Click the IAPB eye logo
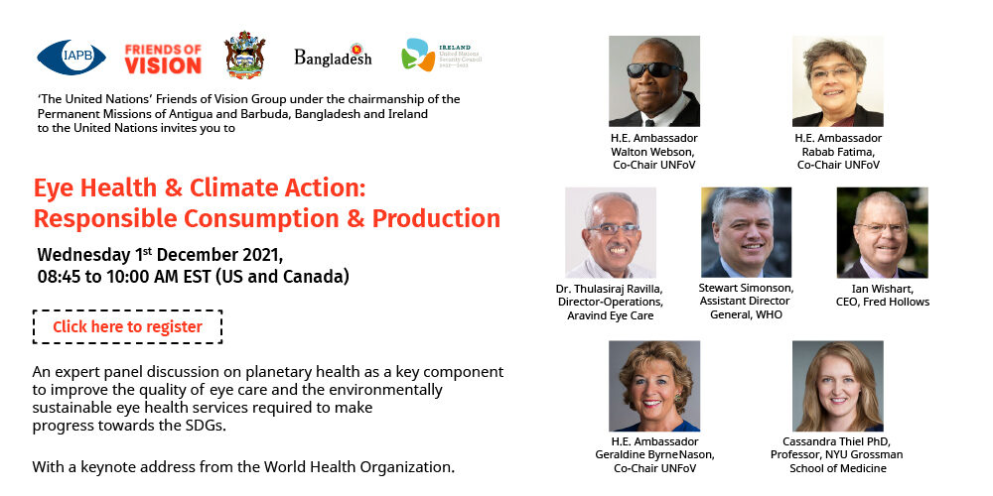pyautogui.click(x=71, y=57)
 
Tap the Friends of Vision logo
pyautogui.click(x=163, y=59)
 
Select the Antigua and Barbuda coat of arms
pyautogui.click(x=244, y=55)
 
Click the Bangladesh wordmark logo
pyautogui.click(x=333, y=57)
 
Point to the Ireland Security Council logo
pyautogui.click(x=442, y=55)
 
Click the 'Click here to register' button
pyautogui.click(x=127, y=327)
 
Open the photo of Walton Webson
pyautogui.click(x=654, y=81)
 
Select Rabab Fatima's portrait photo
pyautogui.click(x=838, y=81)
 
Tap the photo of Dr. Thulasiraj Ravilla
pyautogui.click(x=611, y=232)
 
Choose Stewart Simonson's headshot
pyautogui.click(x=746, y=232)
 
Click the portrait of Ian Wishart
pyautogui.click(x=882, y=232)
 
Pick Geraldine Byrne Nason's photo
pyautogui.click(x=654, y=386)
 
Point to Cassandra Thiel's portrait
pyautogui.click(x=838, y=386)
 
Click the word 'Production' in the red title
pyautogui.click(x=436, y=218)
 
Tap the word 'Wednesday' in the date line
pyautogui.click(x=83, y=255)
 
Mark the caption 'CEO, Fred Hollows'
pyautogui.click(x=883, y=302)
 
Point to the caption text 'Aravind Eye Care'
pyautogui.click(x=611, y=315)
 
